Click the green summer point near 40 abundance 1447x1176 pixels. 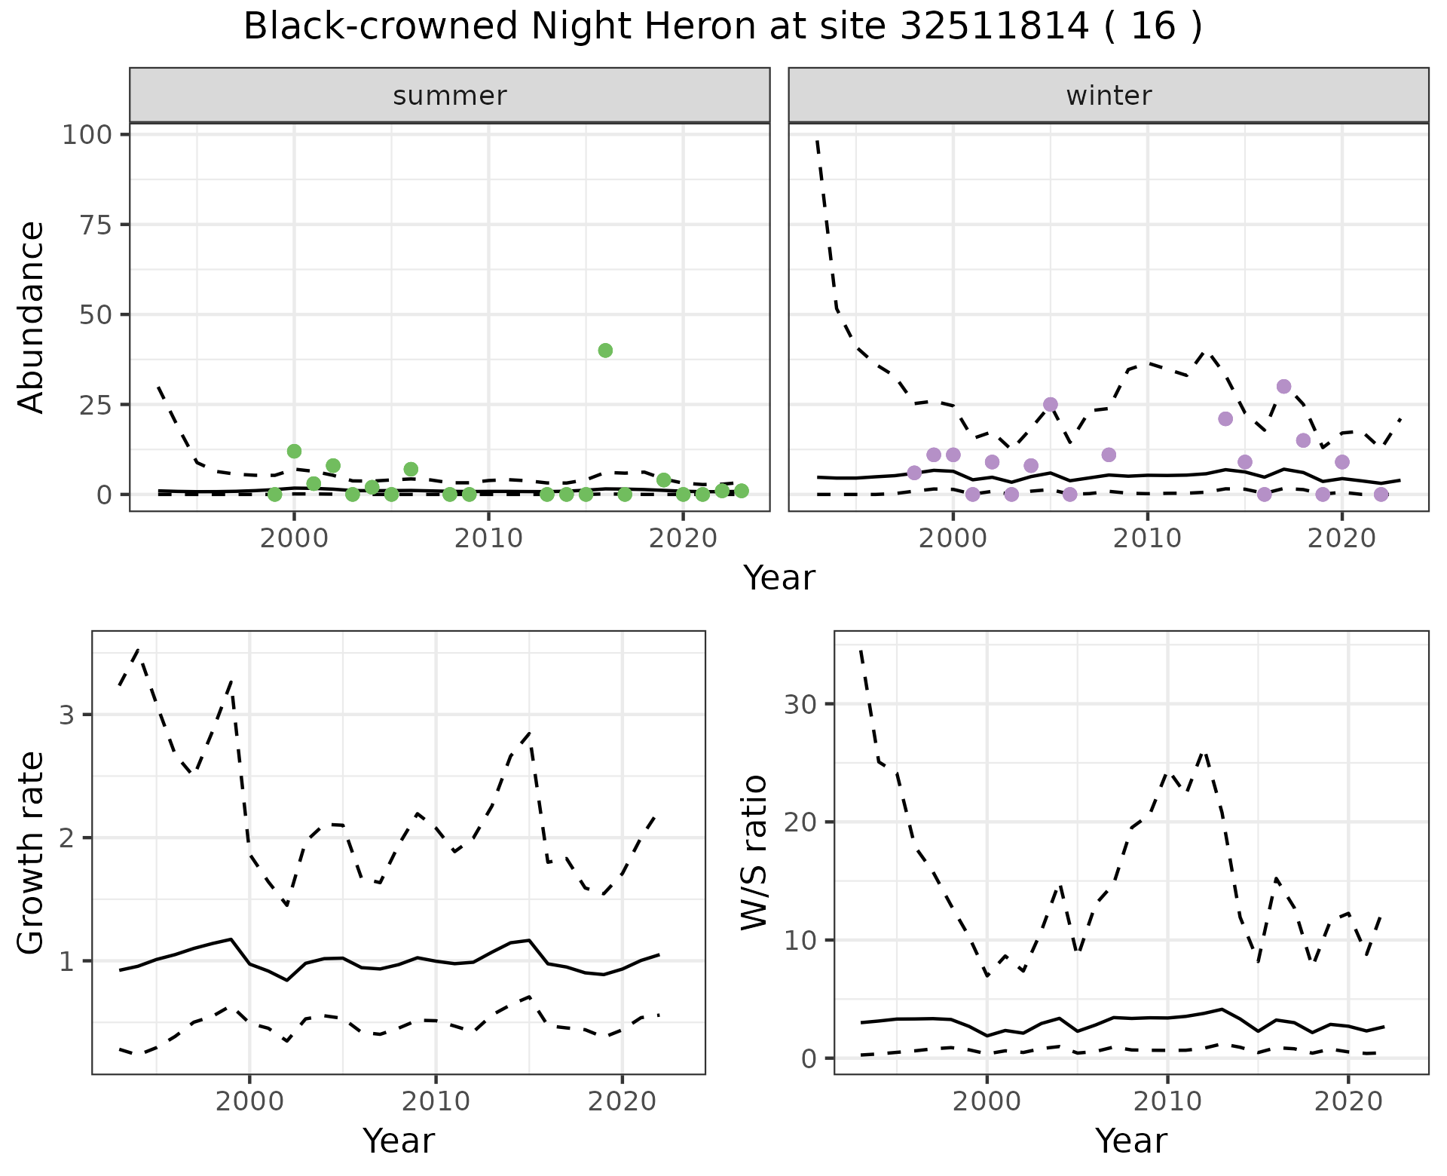605,350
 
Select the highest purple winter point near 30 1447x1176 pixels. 1284,386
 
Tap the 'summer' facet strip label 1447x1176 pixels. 450,96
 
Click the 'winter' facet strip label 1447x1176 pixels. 1109,96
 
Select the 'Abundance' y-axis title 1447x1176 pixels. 32,317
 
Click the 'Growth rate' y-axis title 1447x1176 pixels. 32,853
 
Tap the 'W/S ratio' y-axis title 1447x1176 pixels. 754,853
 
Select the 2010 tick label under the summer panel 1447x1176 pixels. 488,538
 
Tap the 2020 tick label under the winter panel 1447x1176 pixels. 1341,538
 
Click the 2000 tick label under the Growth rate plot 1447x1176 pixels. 249,1101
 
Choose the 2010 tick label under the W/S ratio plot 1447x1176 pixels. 1167,1101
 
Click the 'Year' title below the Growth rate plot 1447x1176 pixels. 399,1141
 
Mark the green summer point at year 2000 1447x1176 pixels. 294,451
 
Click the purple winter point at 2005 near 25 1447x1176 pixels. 1051,404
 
